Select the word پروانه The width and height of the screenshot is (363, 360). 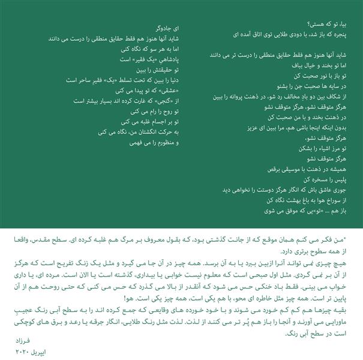pos(242,95)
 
